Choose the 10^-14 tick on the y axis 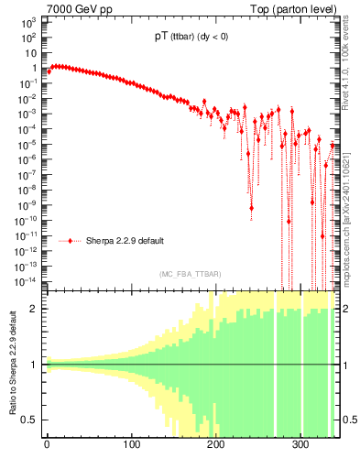click(x=27, y=280)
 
